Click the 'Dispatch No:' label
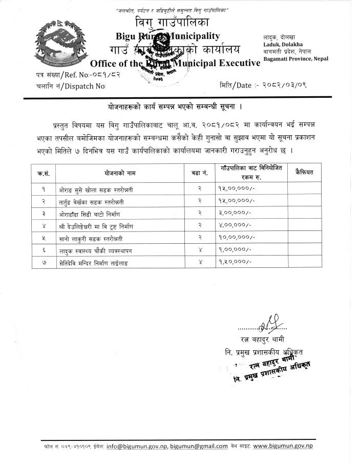click(x=87, y=86)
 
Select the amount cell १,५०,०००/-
click(x=235, y=262)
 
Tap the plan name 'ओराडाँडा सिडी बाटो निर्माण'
click(x=92, y=213)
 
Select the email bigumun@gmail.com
click(x=199, y=447)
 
